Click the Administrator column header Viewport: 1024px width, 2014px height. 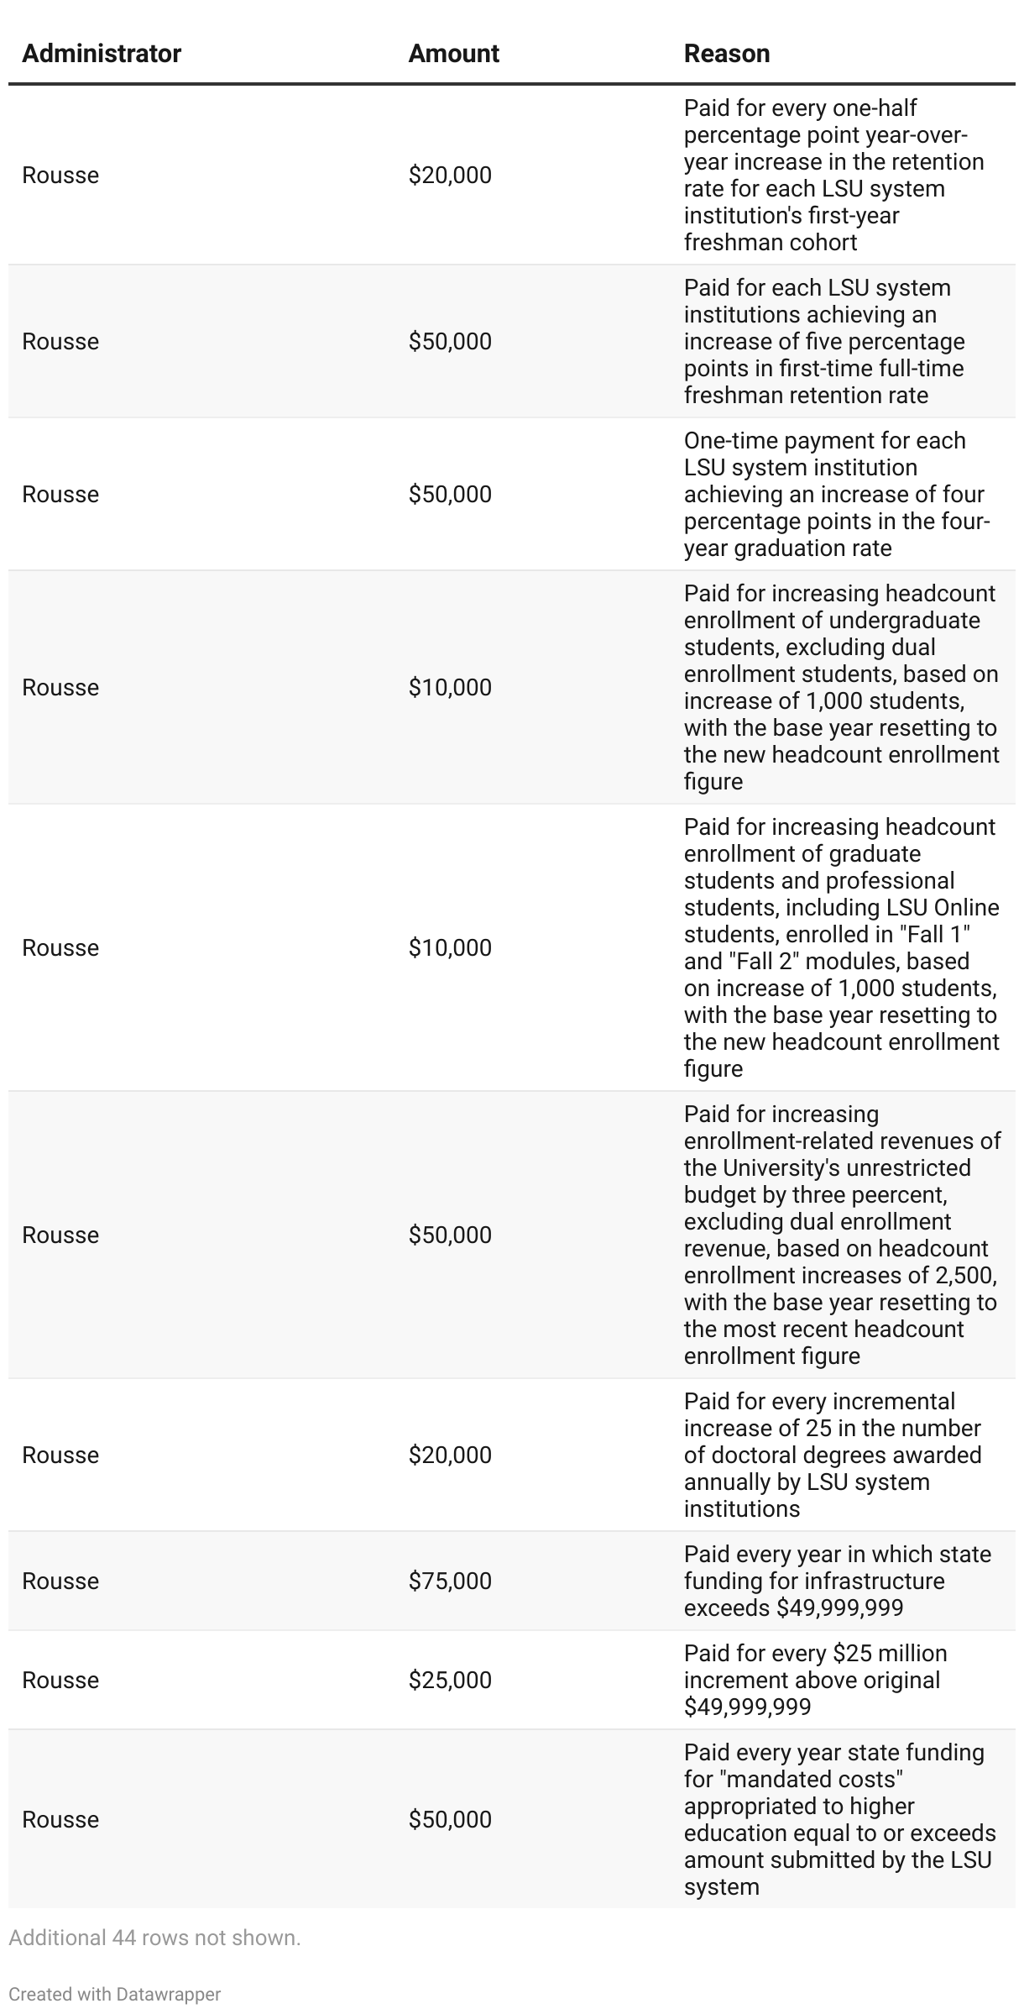tap(102, 54)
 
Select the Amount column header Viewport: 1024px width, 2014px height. tap(453, 54)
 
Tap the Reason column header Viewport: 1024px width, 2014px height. tap(726, 54)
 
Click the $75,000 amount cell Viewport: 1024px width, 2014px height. tap(450, 1581)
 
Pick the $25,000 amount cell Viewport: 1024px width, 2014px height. tap(450, 1680)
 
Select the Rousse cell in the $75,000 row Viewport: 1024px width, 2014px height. tap(60, 1581)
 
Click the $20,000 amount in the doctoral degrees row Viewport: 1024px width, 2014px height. tap(450, 1455)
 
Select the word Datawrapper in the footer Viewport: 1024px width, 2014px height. tap(169, 1994)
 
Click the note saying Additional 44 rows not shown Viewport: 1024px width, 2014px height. tap(154, 1938)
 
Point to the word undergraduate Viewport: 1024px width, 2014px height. tap(904, 620)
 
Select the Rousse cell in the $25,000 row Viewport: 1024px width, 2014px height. tap(60, 1680)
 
